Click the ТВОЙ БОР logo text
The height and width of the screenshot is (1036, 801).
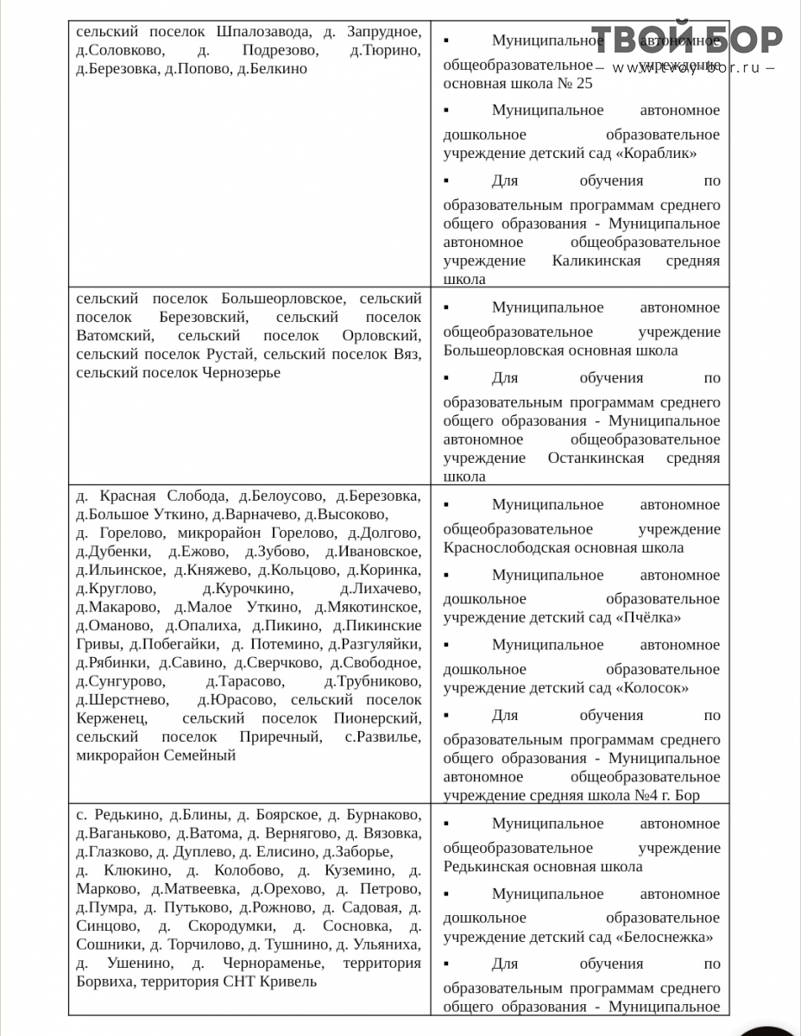(687, 38)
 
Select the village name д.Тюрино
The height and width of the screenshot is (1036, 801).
(386, 50)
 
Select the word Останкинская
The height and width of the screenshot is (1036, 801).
(596, 458)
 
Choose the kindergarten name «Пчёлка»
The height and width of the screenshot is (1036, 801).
(648, 617)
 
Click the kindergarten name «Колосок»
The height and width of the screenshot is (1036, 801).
(653, 687)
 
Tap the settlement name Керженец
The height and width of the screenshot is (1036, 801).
(111, 718)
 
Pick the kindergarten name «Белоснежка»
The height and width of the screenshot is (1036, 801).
(665, 937)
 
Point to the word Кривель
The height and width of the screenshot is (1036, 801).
(288, 981)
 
